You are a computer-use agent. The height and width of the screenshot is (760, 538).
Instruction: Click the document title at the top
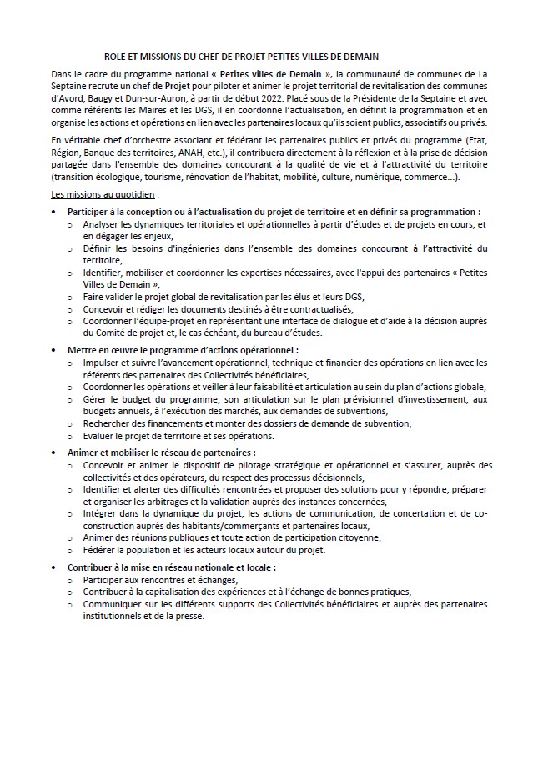[x=241, y=57]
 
